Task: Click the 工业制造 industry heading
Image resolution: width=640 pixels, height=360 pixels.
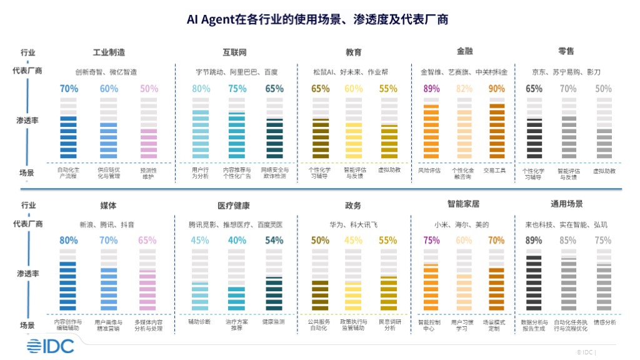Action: [109, 52]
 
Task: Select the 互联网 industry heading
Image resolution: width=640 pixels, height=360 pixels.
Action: [234, 52]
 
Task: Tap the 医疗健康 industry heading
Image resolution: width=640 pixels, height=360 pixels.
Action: [234, 205]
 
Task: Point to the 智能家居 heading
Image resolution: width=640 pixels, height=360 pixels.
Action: [462, 204]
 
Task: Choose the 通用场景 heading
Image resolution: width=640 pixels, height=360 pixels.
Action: [566, 204]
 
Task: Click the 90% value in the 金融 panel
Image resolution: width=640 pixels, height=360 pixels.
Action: [497, 89]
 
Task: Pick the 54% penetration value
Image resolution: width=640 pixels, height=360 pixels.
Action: [274, 240]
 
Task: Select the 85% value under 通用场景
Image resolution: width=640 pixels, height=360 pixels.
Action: [568, 240]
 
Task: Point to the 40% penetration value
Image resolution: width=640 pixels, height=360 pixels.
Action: [237, 240]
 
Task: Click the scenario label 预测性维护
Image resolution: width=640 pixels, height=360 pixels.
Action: [148, 172]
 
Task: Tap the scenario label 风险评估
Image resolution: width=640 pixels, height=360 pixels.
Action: [429, 170]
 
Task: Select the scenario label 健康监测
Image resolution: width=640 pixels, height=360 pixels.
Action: [273, 321]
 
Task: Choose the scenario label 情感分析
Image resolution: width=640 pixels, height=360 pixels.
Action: [604, 322]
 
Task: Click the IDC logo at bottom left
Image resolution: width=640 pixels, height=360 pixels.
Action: [50, 346]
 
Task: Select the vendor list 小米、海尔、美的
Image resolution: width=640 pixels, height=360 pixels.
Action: [461, 224]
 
